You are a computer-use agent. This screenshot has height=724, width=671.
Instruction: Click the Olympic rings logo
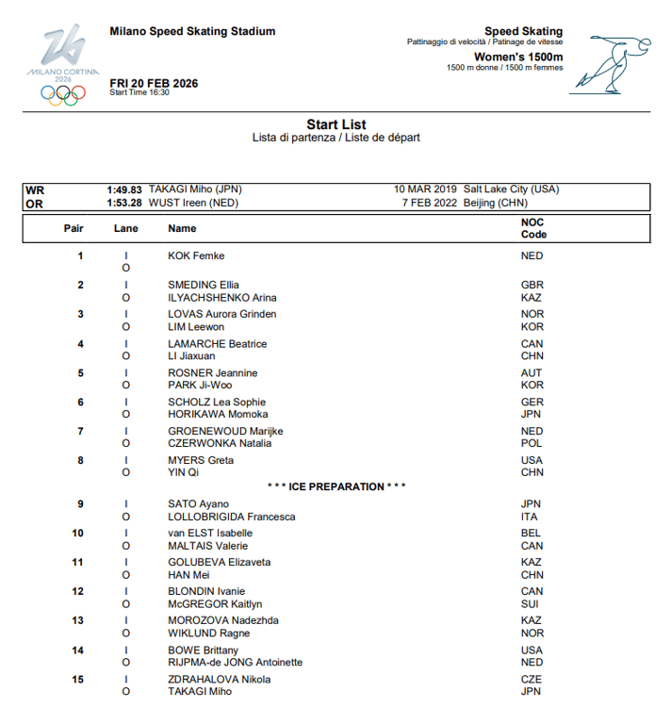pos(62,93)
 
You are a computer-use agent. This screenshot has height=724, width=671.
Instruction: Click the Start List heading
pos(336,124)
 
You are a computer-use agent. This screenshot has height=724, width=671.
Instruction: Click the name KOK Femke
pos(196,255)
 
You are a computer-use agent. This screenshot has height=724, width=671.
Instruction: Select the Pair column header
pos(74,228)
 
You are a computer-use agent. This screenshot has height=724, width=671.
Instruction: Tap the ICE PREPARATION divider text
pos(336,486)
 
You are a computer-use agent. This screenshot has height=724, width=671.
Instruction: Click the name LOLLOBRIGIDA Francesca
pos(232,517)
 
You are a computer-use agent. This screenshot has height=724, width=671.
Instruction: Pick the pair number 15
pos(79,680)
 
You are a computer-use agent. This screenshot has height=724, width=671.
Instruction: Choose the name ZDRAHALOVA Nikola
pos(220,680)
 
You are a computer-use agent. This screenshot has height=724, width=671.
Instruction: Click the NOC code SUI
pos(531,604)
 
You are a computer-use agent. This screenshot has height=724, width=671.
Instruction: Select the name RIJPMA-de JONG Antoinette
pos(236,663)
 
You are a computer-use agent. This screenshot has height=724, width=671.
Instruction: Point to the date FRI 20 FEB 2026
pos(154,83)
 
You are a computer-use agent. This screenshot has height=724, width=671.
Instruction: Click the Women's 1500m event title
pos(518,58)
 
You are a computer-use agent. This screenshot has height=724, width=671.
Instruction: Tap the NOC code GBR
pos(532,285)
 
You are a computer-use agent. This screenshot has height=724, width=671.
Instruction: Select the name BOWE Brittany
pos(203,650)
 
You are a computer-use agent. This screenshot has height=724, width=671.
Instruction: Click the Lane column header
pos(126,228)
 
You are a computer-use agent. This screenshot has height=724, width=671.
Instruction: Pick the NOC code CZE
pos(532,680)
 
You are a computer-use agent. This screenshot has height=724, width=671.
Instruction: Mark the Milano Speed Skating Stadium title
pos(192,31)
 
